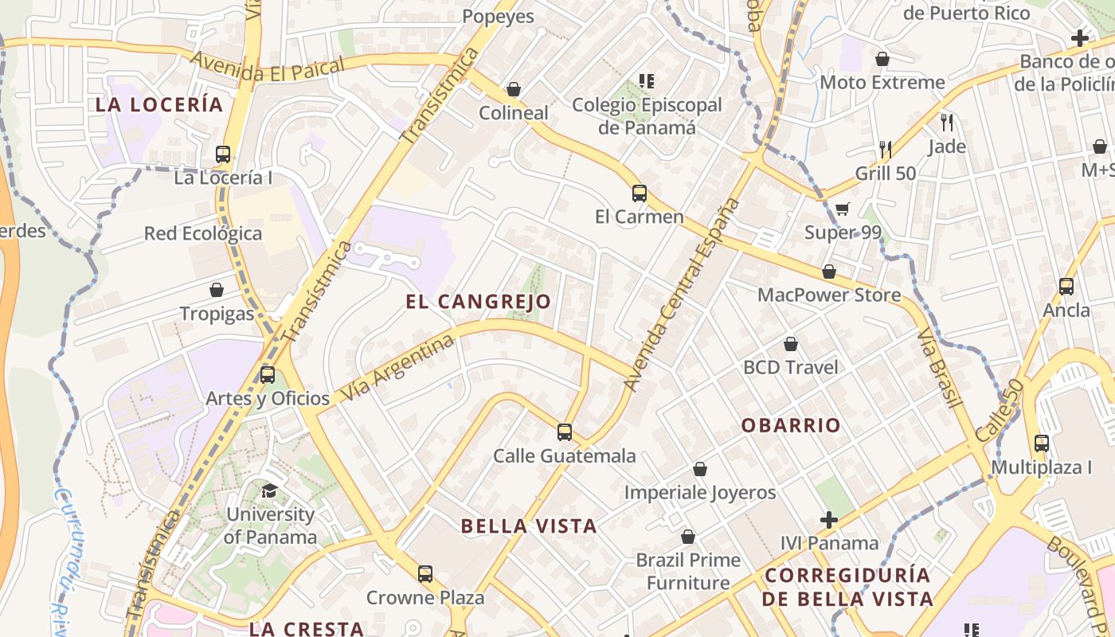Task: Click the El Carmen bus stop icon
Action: (x=639, y=193)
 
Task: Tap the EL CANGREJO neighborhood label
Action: (x=478, y=302)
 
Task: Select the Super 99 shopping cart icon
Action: (x=842, y=209)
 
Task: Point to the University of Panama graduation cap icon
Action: (x=269, y=490)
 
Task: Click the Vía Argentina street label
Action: (x=401, y=368)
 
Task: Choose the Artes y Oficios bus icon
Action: (x=268, y=374)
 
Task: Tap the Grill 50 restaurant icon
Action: (x=885, y=149)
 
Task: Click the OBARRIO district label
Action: (x=791, y=425)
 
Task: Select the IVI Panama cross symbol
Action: (x=829, y=520)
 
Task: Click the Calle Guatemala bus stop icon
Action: (x=565, y=432)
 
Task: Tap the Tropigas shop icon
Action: (x=217, y=290)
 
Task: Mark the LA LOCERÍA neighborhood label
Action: (x=159, y=104)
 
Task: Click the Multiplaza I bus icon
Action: (x=1041, y=444)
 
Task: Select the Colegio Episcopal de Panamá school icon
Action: (x=647, y=81)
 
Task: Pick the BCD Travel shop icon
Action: (x=791, y=344)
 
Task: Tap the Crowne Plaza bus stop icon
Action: (x=425, y=573)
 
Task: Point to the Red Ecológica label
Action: (x=203, y=233)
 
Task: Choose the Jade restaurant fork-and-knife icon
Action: (x=947, y=123)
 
